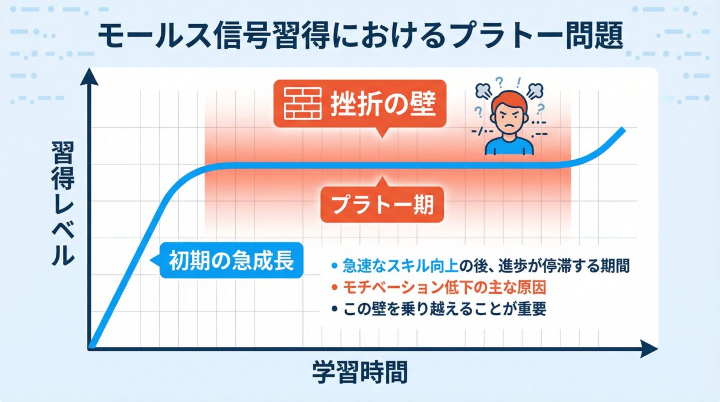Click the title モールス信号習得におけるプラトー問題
(360, 37)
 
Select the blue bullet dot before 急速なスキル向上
(334, 265)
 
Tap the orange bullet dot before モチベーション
(334, 288)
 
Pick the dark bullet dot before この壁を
(334, 311)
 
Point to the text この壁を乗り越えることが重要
(445, 311)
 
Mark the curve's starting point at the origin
(91, 345)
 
